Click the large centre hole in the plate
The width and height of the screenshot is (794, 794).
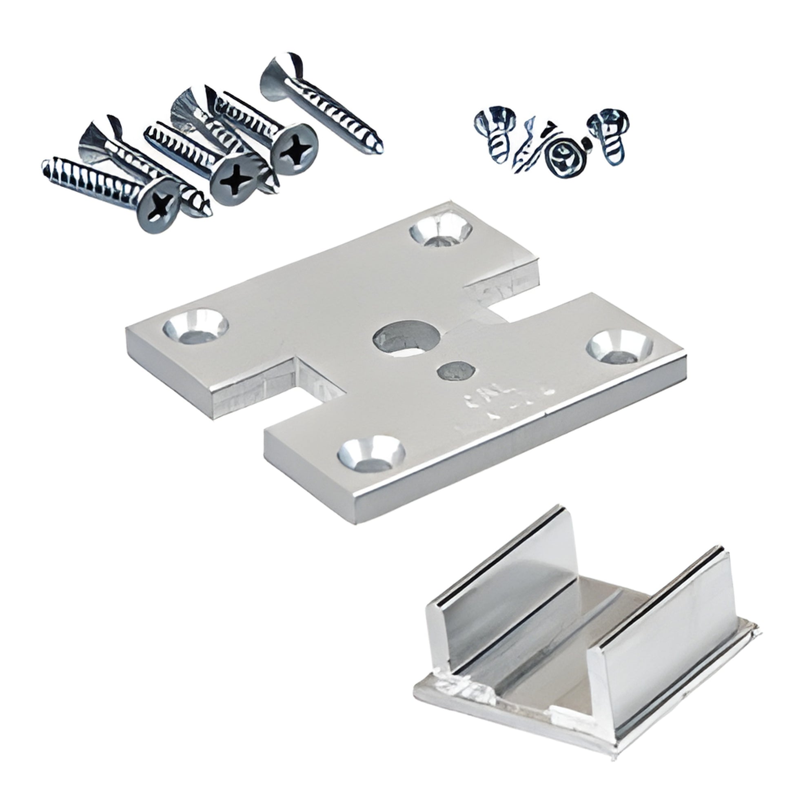[x=406, y=339]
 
